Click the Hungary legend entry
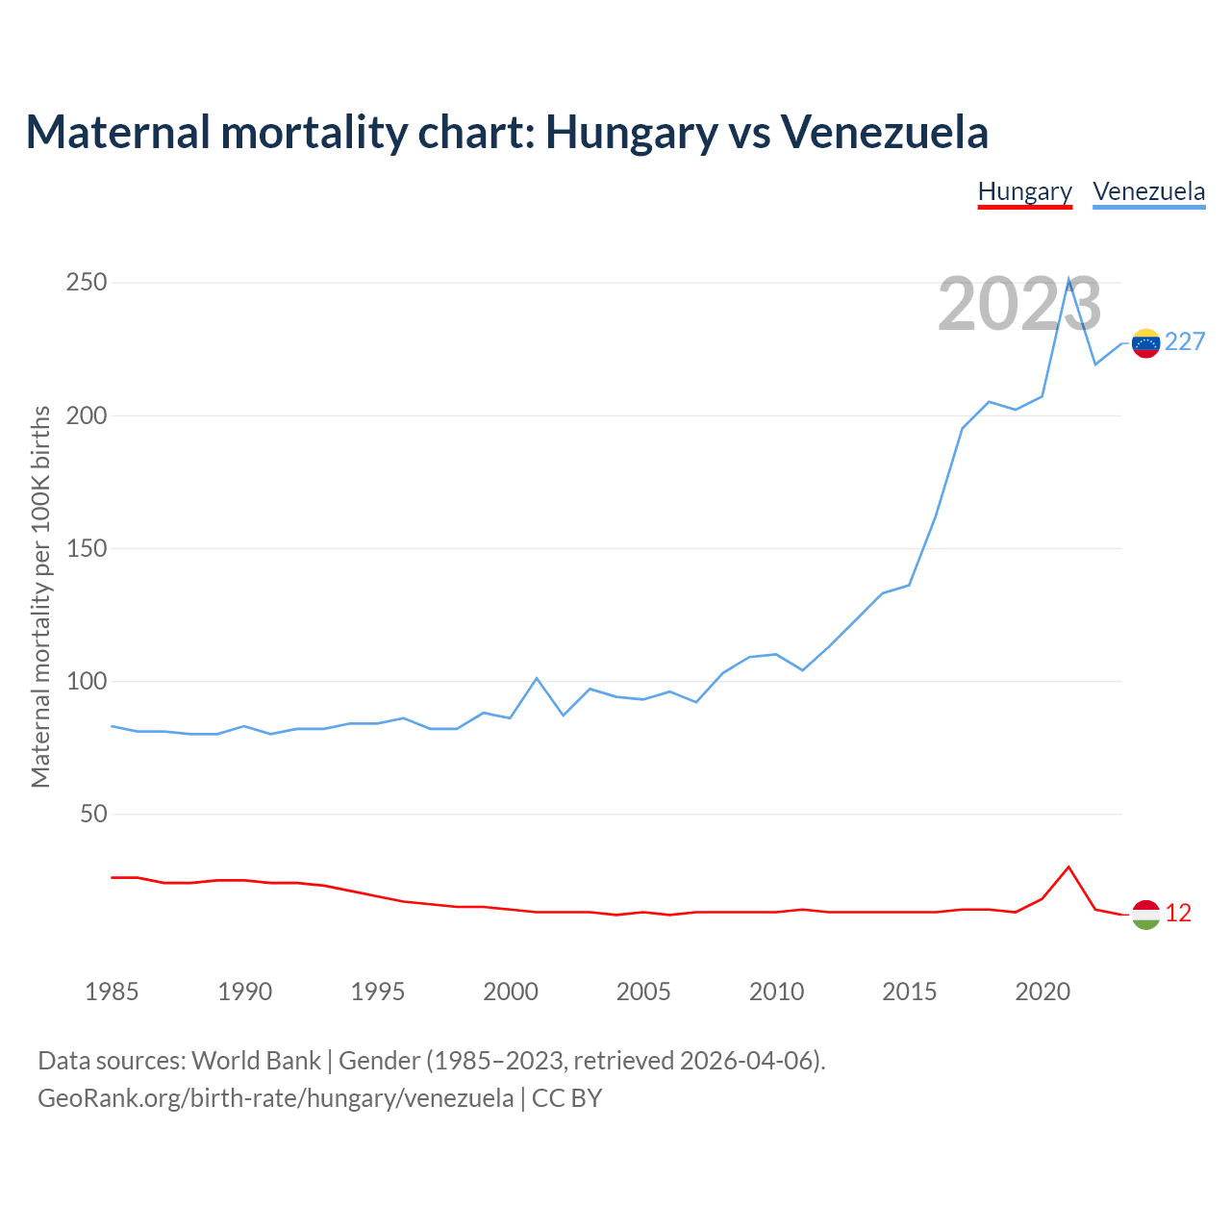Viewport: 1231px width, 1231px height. [1024, 191]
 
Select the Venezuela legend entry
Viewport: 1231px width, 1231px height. [1148, 191]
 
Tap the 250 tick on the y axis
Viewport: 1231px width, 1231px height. [86, 283]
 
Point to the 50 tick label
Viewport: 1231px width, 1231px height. [93, 814]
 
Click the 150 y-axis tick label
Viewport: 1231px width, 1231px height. [86, 548]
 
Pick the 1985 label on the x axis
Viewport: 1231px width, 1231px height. [112, 992]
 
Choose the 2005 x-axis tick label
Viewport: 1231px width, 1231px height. [643, 992]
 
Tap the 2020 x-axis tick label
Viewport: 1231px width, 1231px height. [1043, 992]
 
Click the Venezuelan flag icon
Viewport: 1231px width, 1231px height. [1145, 342]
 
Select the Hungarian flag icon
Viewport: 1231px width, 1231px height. [1145, 915]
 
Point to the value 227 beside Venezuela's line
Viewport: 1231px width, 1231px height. [1185, 342]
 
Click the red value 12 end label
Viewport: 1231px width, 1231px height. [1178, 914]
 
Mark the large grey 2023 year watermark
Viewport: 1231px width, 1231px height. [1019, 304]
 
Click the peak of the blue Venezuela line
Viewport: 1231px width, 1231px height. [1068, 280]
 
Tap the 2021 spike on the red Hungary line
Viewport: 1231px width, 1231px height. [1068, 867]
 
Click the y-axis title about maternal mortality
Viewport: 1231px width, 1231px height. [40, 596]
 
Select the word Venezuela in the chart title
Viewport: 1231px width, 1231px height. [884, 132]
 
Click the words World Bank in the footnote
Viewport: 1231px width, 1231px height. [256, 1061]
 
